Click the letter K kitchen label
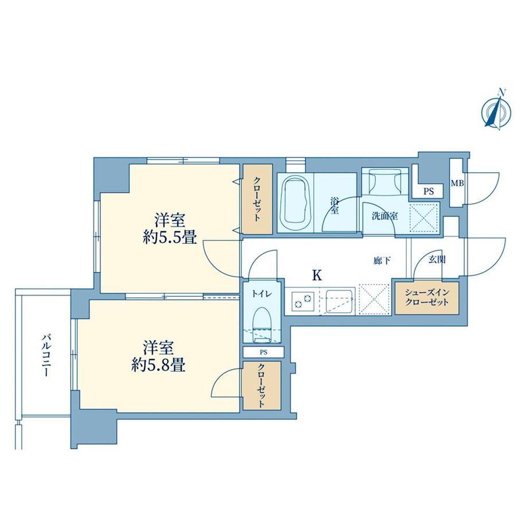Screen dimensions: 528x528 tap(317, 275)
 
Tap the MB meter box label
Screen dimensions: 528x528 tap(457, 184)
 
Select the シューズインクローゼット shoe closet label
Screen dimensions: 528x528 tap(426, 297)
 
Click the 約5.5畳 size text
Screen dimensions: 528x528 tap(170, 238)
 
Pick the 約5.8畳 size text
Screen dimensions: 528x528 tap(158, 364)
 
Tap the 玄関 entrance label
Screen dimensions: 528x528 tap(437, 259)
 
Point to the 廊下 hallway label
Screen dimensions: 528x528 tap(382, 261)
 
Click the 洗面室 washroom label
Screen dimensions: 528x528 tap(385, 216)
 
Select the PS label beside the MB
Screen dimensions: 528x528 tap(428, 192)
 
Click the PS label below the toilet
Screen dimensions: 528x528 tap(263, 352)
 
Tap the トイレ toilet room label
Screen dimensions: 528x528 tap(262, 294)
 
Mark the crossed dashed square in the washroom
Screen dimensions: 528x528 tap(424, 218)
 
